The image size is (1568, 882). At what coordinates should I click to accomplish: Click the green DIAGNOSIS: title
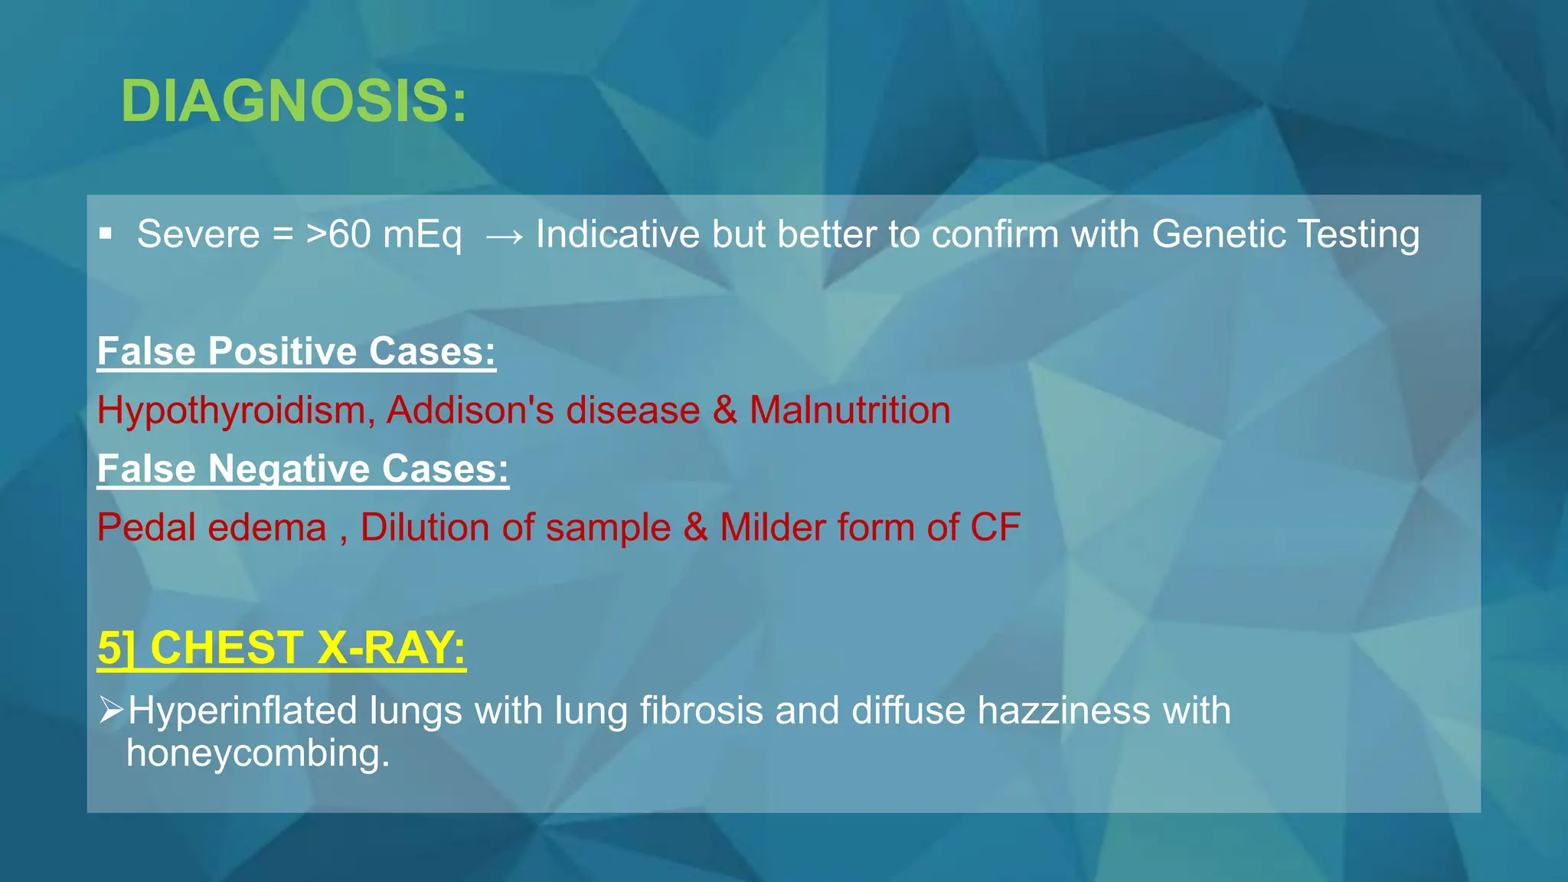click(293, 101)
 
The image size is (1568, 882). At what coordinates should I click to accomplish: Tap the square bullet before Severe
click(106, 234)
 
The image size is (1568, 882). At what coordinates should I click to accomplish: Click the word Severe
click(198, 234)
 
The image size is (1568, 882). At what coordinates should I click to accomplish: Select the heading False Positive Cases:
click(296, 351)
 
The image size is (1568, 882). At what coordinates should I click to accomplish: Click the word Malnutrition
click(850, 410)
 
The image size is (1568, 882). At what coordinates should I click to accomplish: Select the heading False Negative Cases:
click(302, 469)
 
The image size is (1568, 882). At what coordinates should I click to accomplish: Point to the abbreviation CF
click(995, 528)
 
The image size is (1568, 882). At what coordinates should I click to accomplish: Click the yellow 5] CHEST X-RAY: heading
click(281, 648)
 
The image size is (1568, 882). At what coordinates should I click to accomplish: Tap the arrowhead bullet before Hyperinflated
click(111, 710)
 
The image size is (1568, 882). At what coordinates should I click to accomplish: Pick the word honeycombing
click(258, 753)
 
